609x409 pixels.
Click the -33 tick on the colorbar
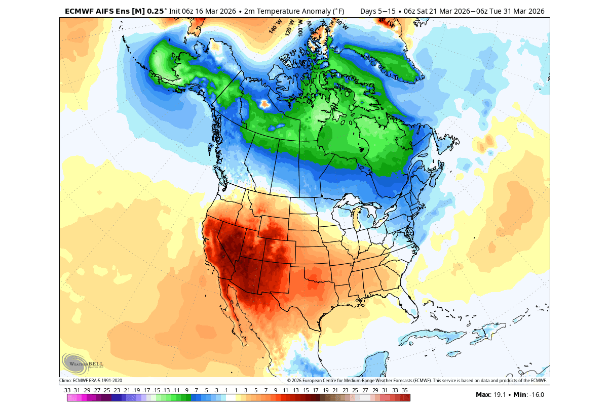click(66, 390)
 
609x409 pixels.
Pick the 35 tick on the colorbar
click(404, 390)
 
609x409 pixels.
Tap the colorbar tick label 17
click(315, 390)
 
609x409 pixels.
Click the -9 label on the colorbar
click(186, 390)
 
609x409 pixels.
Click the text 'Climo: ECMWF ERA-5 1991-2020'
click(91, 381)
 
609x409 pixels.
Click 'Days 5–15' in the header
click(378, 11)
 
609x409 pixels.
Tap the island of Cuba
click(433, 335)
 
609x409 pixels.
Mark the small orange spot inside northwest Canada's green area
click(263, 104)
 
